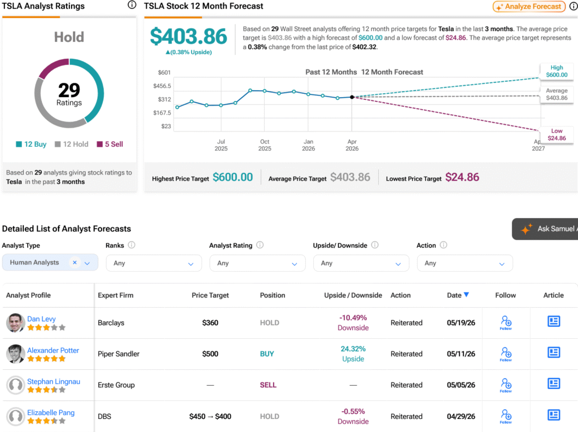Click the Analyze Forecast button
coord(529,6)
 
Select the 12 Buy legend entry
coord(31,144)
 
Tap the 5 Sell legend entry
coord(110,144)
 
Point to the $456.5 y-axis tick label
coord(162,86)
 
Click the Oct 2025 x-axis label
coord(265,145)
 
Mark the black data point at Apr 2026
coord(352,97)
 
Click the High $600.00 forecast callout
coord(557,71)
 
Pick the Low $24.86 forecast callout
coord(557,134)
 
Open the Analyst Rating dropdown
coord(257,263)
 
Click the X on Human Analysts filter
coord(75,262)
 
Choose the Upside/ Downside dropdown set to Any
coord(361,263)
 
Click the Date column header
coord(458,295)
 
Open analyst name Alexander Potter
coord(53,350)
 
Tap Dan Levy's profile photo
coord(15,323)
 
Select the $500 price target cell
coord(210,354)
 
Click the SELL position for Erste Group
coord(268,385)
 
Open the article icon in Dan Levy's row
coord(554,321)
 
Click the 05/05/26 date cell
coord(461,385)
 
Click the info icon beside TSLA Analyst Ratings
coord(132,5)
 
